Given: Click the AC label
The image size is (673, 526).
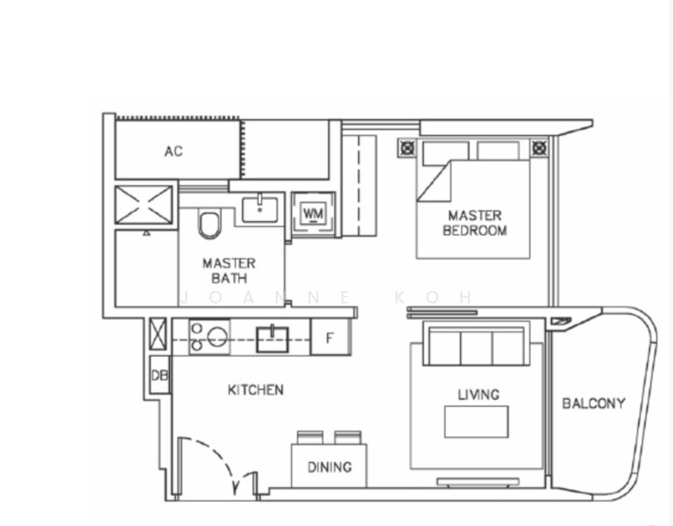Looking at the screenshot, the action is (174, 151).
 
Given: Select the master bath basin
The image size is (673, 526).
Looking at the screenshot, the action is (259, 210).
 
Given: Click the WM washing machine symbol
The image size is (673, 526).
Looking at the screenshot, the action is (313, 213).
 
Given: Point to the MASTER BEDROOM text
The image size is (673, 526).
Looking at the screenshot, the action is (475, 223).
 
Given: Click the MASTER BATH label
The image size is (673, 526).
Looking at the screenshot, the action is (230, 271).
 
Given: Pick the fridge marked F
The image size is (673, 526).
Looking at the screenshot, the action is (329, 338).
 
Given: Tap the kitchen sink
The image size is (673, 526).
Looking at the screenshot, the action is (273, 339).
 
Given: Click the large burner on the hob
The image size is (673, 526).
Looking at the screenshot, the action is (217, 337).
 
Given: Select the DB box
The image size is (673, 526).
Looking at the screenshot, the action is (159, 375).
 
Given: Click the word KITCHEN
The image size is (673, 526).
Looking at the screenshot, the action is (255, 390).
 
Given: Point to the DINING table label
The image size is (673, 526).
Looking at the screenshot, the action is (329, 466).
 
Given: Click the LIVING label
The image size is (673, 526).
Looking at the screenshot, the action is (478, 394).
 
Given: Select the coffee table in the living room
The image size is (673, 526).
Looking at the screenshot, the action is (477, 422).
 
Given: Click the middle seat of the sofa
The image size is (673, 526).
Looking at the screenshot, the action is (477, 347).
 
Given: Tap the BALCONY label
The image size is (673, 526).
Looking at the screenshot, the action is (593, 403).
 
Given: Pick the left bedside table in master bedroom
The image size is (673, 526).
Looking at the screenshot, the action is (407, 148).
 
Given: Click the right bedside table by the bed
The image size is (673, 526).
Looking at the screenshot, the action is (540, 148).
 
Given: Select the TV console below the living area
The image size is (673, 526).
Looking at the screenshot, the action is (478, 482).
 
